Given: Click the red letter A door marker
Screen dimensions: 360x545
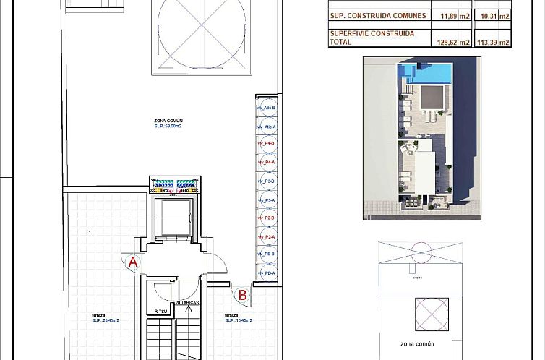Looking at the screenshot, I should point(132,262).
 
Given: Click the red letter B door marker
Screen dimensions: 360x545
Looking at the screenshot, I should point(242,295).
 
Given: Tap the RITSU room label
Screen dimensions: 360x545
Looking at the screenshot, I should point(160,312).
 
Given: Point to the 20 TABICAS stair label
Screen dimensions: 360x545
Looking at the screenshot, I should point(187,303).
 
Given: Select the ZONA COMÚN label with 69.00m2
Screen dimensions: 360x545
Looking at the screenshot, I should point(168,124).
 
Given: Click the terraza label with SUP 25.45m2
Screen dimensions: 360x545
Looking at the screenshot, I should point(105,318).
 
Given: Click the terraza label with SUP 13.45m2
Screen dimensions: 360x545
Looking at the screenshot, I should point(238,318).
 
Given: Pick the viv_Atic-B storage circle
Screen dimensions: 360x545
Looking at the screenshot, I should point(267,108).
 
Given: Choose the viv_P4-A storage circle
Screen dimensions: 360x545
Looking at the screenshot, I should point(267,163).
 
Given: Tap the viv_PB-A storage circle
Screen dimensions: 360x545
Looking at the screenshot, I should point(267,273).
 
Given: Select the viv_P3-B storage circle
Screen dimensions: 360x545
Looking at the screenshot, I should point(267,181).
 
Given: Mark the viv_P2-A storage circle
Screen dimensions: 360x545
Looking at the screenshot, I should point(267,236).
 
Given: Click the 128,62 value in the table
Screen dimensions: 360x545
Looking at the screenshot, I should point(453,43).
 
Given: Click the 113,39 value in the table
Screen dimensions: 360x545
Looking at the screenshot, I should point(493,43).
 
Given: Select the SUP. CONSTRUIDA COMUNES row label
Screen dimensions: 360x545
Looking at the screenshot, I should point(377,16).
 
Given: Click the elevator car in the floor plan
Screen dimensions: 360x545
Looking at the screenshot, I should point(173,216).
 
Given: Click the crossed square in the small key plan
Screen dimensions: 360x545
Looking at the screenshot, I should point(432,314).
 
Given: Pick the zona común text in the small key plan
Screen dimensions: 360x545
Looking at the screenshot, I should point(417,344).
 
